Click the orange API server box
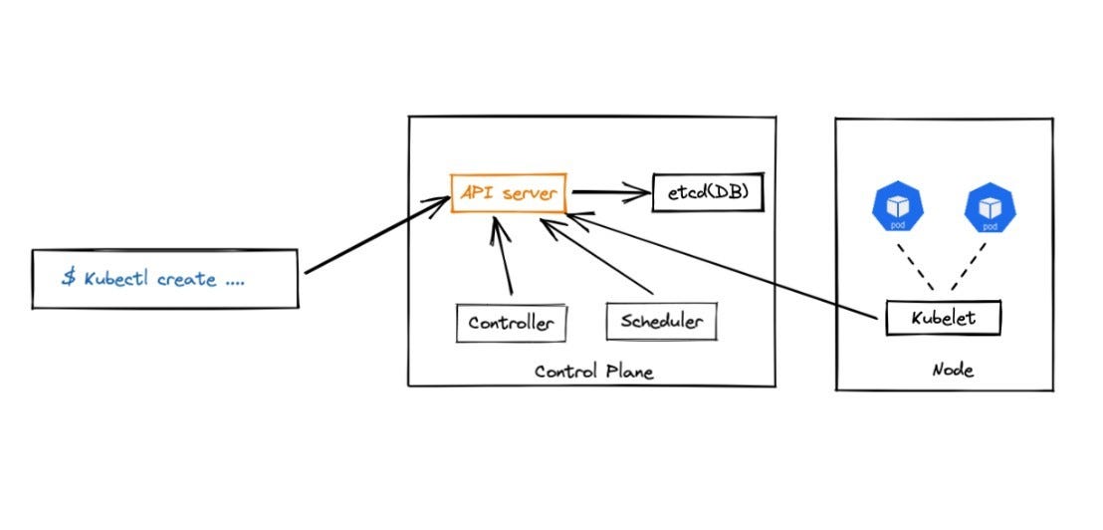pos(508,192)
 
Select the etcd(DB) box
pos(707,192)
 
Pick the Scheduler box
pos(661,322)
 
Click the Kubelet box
pos(942,319)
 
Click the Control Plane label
pos(593,372)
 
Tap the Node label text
pos(952,371)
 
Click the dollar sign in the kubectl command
pos(69,278)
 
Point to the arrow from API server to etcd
pos(608,192)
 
